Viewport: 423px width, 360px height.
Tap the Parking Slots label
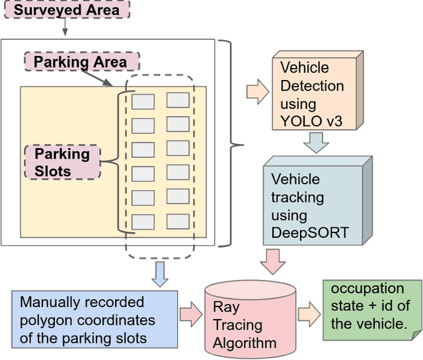[61, 162]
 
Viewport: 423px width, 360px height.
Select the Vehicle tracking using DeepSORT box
[314, 206]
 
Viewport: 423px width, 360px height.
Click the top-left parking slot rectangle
[143, 102]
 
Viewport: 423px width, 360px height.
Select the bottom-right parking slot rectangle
[178, 221]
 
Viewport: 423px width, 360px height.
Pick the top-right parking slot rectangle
[178, 100]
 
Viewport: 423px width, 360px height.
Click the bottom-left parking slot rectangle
[143, 222]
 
